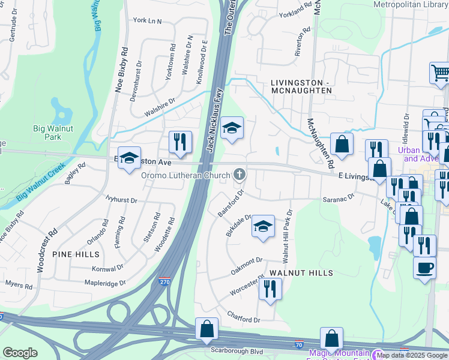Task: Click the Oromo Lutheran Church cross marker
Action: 240,175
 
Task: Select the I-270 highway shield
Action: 164,281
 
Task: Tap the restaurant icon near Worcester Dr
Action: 270,289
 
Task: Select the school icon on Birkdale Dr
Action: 262,226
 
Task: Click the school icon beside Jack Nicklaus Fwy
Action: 232,128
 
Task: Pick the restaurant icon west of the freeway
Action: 180,142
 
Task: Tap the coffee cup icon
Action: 424,267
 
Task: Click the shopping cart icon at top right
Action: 441,73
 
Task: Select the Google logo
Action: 20,353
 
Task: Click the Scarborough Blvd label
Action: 237,351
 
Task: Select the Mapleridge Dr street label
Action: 105,283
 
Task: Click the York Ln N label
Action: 147,21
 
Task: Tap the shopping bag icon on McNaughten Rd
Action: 341,144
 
